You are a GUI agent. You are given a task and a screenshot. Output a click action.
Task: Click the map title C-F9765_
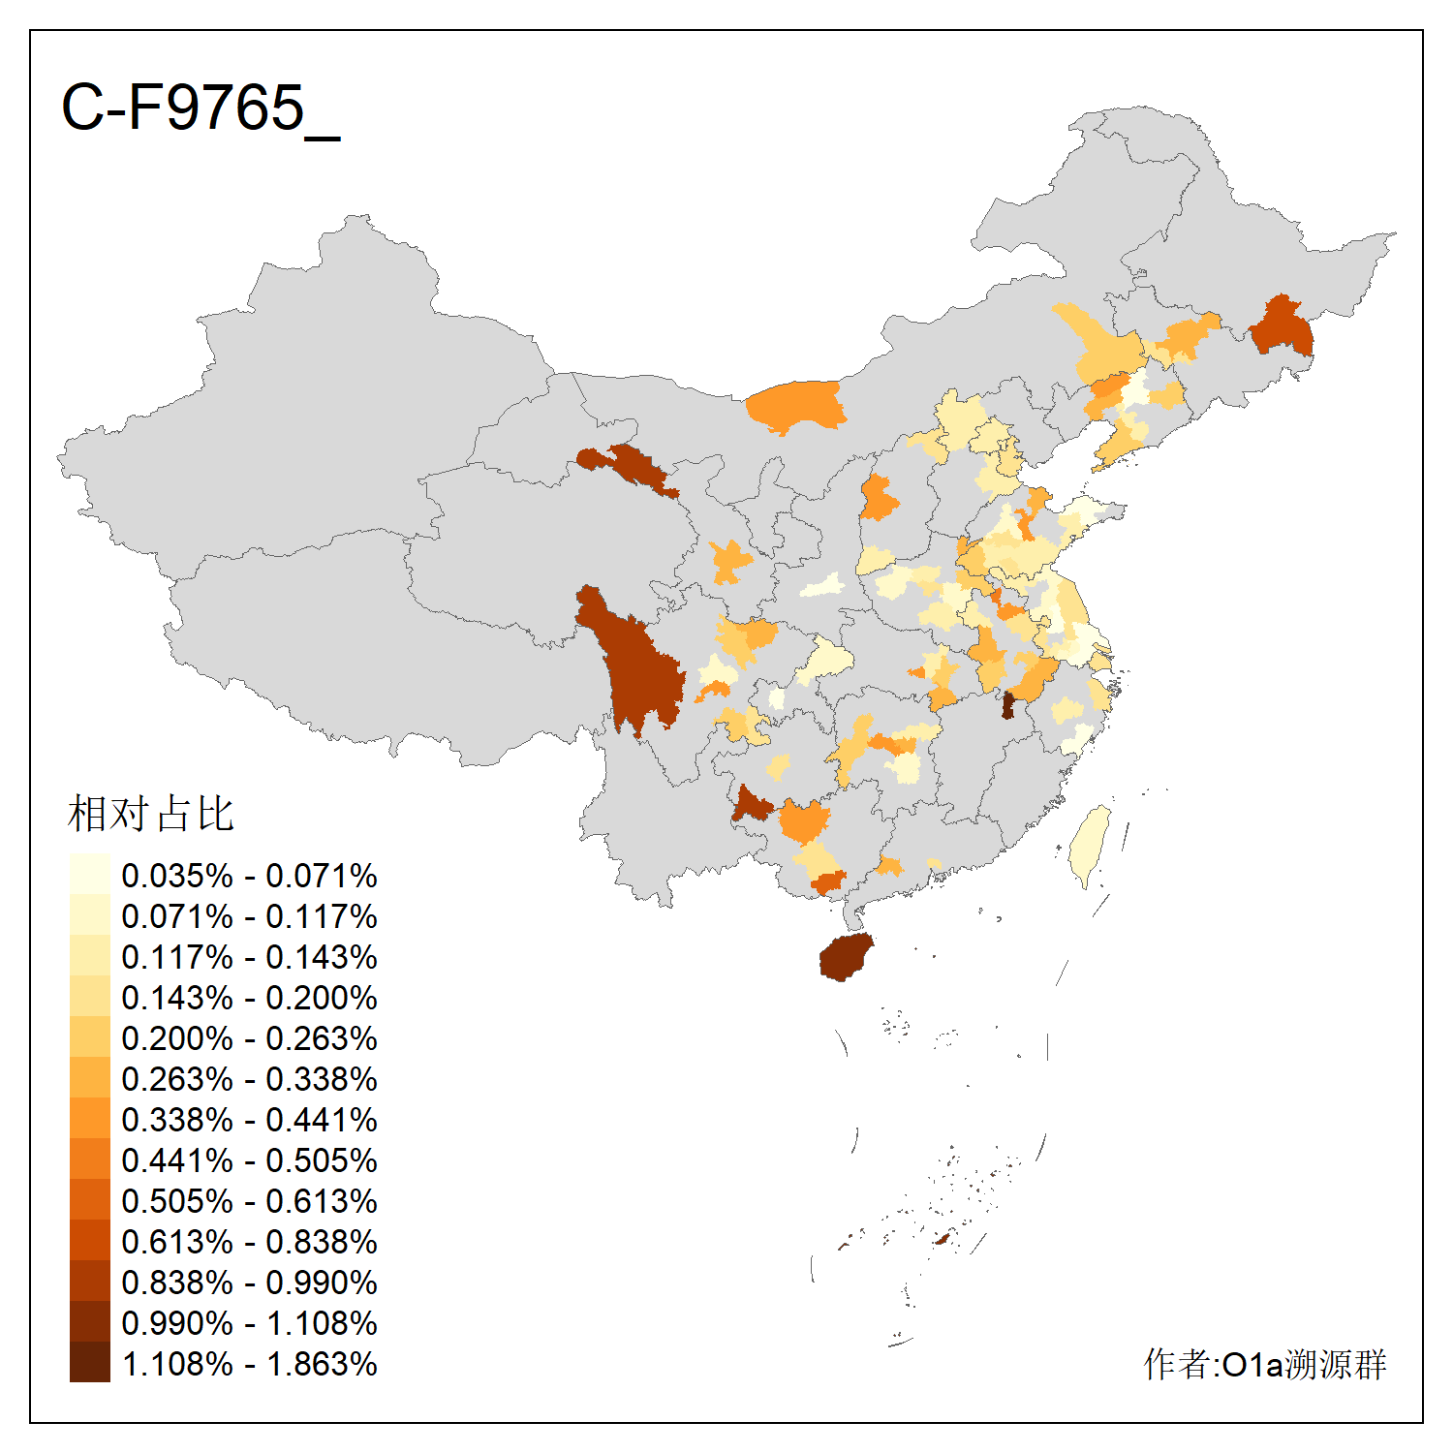[201, 108]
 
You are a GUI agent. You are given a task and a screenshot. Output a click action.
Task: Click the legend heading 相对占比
[151, 814]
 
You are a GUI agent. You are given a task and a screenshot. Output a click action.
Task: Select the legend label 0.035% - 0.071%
[249, 876]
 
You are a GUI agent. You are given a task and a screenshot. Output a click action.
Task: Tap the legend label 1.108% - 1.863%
[249, 1364]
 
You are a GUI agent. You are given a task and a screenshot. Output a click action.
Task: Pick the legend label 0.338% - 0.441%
[249, 1120]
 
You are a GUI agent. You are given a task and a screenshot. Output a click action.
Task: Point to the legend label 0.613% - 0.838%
[249, 1242]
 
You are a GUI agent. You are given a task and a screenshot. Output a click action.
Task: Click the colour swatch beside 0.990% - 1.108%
[89, 1323]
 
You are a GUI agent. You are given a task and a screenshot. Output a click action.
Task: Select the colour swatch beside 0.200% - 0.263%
[89, 1038]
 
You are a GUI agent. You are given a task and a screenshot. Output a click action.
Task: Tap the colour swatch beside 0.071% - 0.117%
[89, 916]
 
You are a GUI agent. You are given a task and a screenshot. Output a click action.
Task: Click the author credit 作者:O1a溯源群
[1264, 1364]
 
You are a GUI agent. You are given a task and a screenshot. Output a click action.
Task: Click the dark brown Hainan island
[846, 958]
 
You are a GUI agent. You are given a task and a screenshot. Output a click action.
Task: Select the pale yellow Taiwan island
[1090, 845]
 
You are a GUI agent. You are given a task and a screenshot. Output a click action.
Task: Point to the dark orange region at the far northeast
[1283, 327]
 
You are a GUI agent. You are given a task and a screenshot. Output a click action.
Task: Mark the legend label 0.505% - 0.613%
[249, 1201]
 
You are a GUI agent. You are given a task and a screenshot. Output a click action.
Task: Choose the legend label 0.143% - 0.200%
[249, 998]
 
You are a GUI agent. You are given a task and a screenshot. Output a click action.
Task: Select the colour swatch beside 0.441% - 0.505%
[89, 1160]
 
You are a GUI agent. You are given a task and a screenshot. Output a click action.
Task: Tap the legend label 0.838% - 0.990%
[249, 1283]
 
